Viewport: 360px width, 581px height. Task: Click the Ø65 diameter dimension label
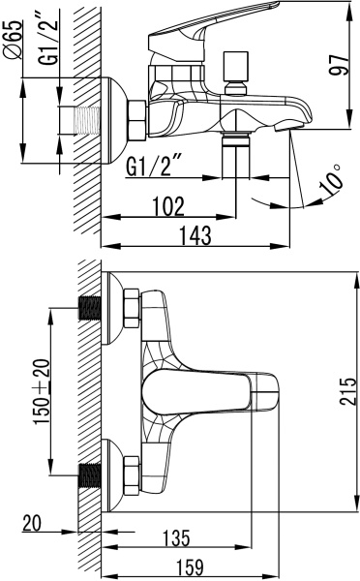click(x=14, y=40)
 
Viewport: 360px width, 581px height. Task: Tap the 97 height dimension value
click(x=339, y=65)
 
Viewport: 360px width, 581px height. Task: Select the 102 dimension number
click(x=168, y=206)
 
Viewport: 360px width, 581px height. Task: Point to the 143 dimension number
click(x=195, y=235)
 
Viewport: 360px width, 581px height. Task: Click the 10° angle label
click(x=331, y=180)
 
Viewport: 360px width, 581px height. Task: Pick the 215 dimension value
click(x=347, y=391)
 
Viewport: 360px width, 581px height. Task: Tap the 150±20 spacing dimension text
click(x=42, y=392)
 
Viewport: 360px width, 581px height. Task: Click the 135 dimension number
click(x=177, y=538)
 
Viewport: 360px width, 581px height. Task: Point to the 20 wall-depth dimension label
click(x=32, y=524)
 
